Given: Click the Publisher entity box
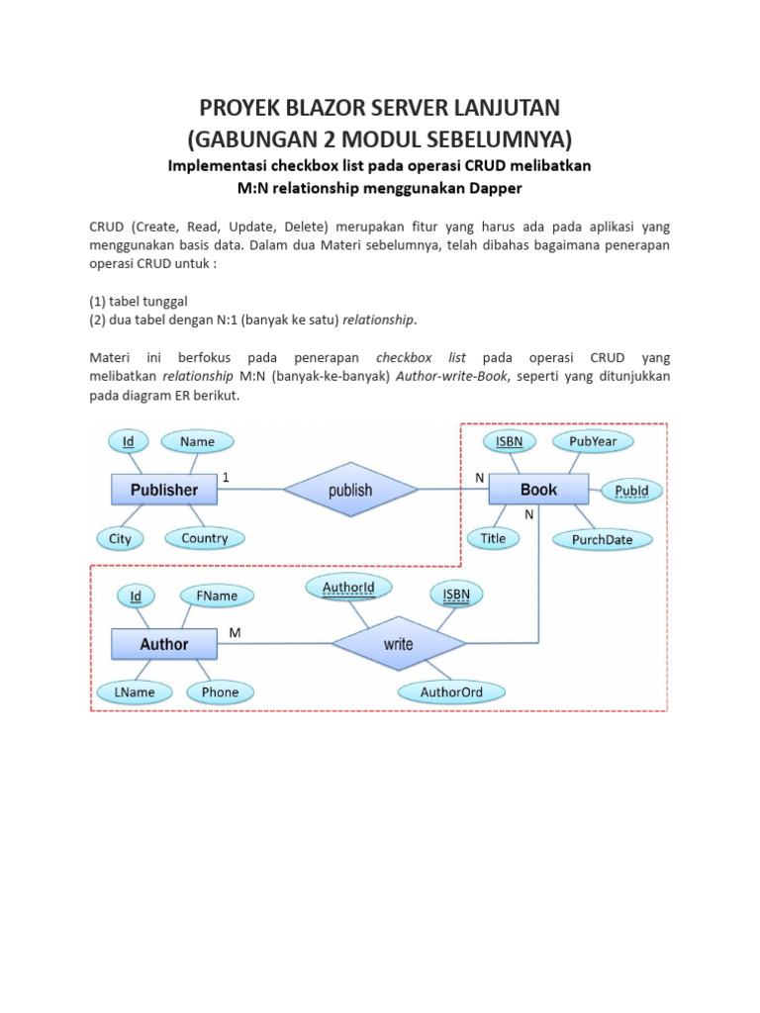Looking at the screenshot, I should coord(164,490).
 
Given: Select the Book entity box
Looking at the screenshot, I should coord(538,490).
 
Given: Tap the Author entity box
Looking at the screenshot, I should coord(164,644).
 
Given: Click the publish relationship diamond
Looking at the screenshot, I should coord(350,490).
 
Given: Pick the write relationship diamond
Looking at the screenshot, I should coord(399,644).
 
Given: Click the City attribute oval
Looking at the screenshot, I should coord(120,539).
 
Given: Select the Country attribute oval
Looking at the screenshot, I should coord(205,539).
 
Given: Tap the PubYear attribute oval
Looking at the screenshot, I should coord(593,441).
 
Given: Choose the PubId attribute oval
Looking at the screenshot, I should coord(631,490).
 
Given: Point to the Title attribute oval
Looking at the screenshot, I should coord(493,539).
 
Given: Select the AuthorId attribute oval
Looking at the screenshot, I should coord(348,589).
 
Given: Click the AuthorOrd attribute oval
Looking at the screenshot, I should coord(451,692).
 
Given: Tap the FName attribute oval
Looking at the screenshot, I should coord(217,597).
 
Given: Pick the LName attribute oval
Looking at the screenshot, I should coord(134,692).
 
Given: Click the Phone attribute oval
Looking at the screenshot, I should coord(220,692).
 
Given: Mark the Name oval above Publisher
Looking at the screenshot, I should coord(197,441).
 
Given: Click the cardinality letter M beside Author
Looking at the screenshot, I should coord(235,631).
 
